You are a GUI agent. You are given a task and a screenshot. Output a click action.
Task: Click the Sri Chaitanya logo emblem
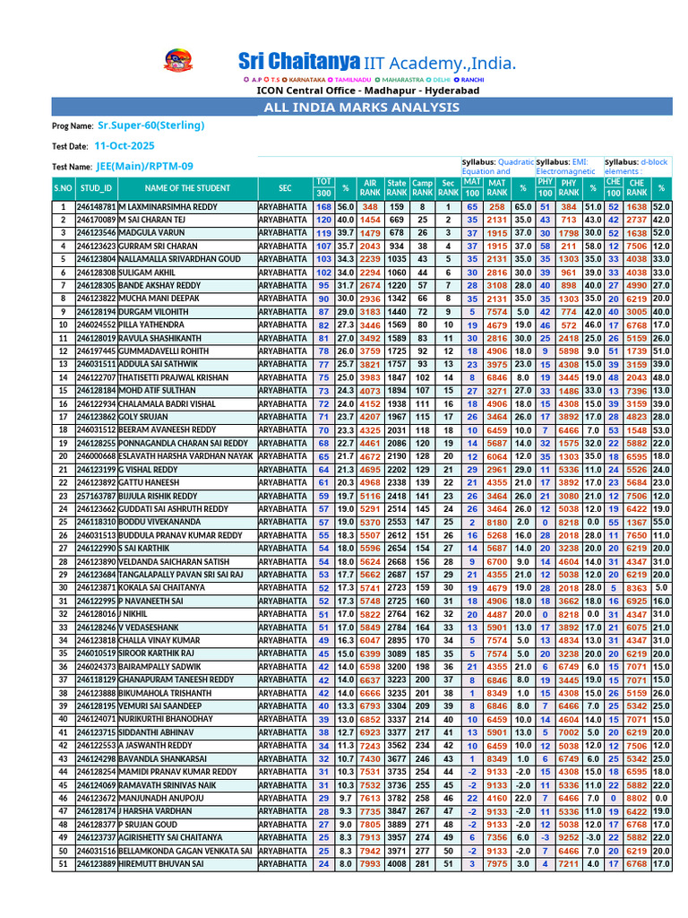coord(172,62)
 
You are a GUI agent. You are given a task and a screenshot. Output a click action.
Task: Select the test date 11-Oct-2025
coord(124,145)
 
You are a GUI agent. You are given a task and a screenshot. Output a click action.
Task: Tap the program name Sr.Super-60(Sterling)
coord(150,126)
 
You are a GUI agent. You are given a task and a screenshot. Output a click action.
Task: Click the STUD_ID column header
coord(96,188)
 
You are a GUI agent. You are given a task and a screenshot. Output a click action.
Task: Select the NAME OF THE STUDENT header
coord(187,188)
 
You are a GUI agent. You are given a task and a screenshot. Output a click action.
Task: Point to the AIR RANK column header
coord(370,187)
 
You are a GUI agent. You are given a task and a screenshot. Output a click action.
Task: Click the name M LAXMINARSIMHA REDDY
coord(168,207)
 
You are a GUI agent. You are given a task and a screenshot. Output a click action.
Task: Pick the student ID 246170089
coord(96,220)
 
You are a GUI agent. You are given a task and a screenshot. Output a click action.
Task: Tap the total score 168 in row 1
coord(323,207)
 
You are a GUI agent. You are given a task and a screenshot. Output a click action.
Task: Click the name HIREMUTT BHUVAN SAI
coord(160,863)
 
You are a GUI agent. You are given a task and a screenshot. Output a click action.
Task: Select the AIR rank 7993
coord(370,863)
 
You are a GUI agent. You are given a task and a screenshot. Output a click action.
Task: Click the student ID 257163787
coord(96,496)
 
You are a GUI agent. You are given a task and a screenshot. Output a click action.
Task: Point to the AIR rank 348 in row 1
coord(370,207)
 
